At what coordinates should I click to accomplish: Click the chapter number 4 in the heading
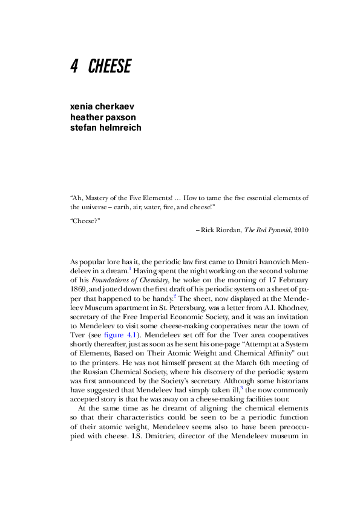pyautogui.click(x=74, y=66)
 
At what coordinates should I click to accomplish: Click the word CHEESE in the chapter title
pyautogui.click(x=110, y=66)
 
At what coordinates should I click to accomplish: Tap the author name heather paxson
pyautogui.click(x=102, y=117)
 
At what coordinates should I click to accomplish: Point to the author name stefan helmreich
pyautogui.click(x=106, y=128)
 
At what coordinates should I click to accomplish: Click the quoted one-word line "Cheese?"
pyautogui.click(x=85, y=221)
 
